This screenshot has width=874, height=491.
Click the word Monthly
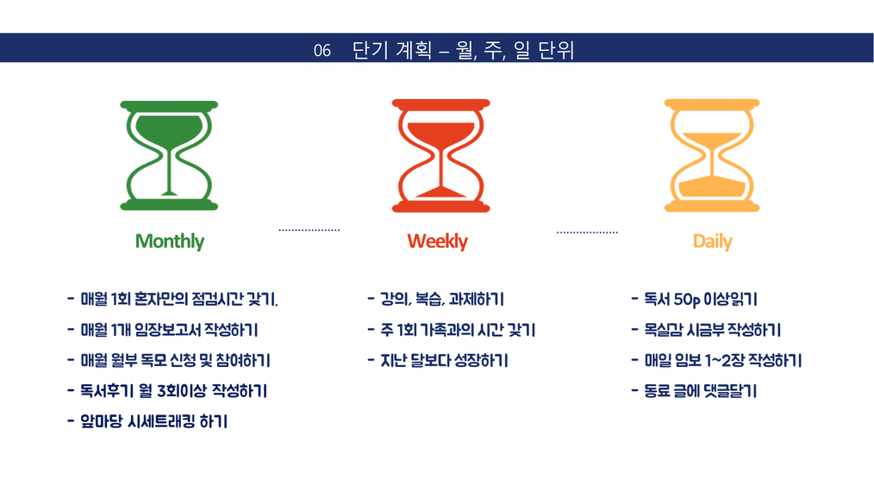(170, 241)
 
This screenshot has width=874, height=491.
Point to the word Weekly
(438, 241)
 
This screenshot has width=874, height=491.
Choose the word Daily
(712, 241)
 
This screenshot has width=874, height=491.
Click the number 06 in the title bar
(322, 51)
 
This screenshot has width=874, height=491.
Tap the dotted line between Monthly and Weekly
(309, 230)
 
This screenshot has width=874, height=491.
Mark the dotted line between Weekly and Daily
(588, 232)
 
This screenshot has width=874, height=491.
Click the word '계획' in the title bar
(414, 50)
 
